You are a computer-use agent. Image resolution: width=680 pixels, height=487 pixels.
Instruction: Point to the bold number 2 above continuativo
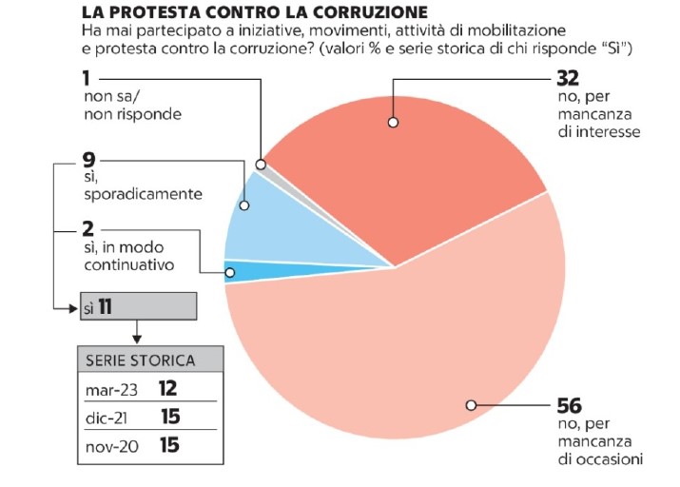(x=88, y=230)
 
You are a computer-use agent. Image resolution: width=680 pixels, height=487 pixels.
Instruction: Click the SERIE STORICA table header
(x=140, y=360)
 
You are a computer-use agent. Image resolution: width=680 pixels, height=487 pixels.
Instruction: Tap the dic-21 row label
(x=107, y=417)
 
